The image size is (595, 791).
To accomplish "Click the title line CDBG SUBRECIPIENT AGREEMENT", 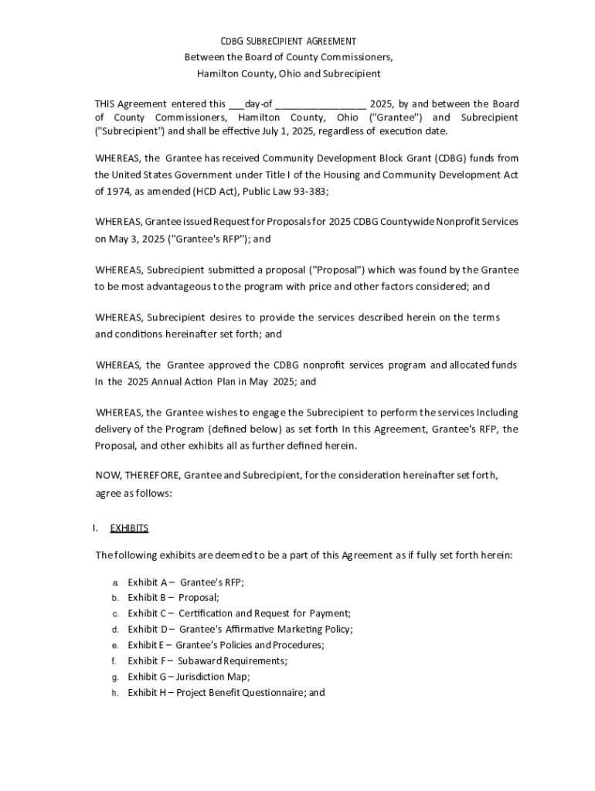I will click(288, 41).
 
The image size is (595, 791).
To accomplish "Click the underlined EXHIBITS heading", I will click(129, 528).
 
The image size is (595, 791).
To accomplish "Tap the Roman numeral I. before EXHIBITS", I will click(95, 528).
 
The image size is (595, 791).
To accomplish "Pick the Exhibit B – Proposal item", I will click(173, 597).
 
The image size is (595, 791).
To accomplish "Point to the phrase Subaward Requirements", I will click(232, 660).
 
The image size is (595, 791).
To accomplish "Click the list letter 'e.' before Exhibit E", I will click(114, 645).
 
